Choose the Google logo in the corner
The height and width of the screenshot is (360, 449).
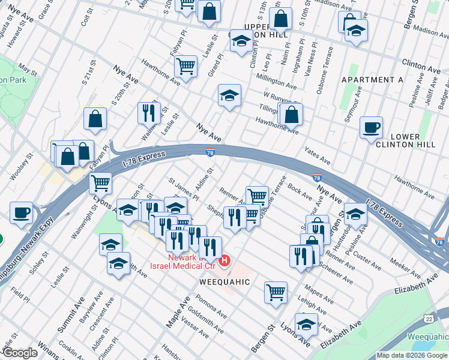19,353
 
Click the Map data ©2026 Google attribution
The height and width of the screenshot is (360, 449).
411,355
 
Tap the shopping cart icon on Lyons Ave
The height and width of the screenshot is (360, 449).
100,183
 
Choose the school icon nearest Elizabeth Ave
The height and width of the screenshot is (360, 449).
306,325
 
